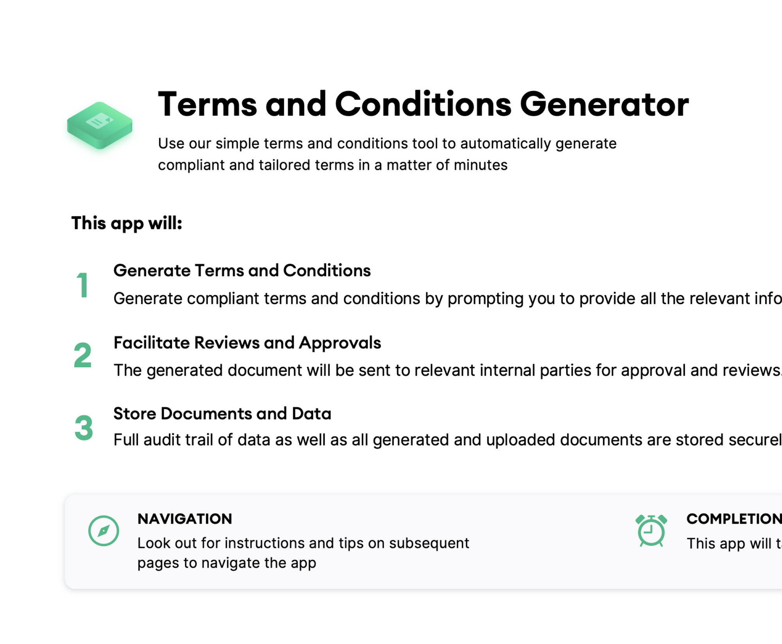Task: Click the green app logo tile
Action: click(100, 125)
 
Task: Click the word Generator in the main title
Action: click(604, 105)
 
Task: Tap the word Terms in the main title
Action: click(207, 105)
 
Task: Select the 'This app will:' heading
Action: click(127, 223)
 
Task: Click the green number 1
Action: click(83, 285)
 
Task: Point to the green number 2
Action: click(83, 355)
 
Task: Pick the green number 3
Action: click(84, 428)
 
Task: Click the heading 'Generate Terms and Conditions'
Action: click(242, 271)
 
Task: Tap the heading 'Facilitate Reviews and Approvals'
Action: click(247, 343)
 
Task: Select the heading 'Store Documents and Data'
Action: click(222, 413)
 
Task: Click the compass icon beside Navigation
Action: click(104, 531)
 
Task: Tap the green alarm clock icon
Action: click(651, 531)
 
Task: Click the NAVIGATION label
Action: click(185, 519)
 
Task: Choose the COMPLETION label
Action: click(733, 519)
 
